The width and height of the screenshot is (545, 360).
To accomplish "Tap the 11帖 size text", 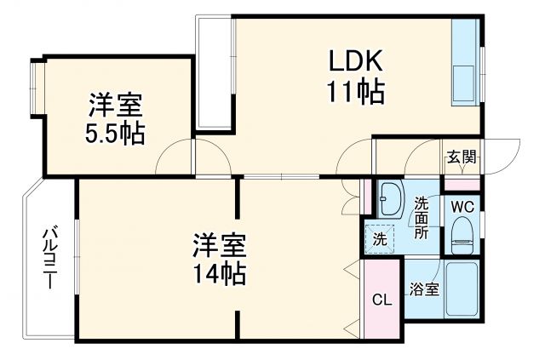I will click(x=355, y=90).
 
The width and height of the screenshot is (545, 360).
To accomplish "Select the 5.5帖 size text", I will click(x=114, y=133).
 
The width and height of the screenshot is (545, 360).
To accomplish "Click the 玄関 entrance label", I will click(x=462, y=157).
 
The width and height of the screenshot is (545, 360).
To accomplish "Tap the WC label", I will click(x=462, y=206).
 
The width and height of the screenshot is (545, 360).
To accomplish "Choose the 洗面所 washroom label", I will click(x=422, y=217).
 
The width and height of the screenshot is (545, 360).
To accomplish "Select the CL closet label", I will click(x=382, y=299).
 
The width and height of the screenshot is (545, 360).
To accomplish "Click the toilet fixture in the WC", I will click(x=462, y=235).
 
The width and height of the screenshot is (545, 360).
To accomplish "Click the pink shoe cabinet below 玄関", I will click(x=462, y=184).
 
